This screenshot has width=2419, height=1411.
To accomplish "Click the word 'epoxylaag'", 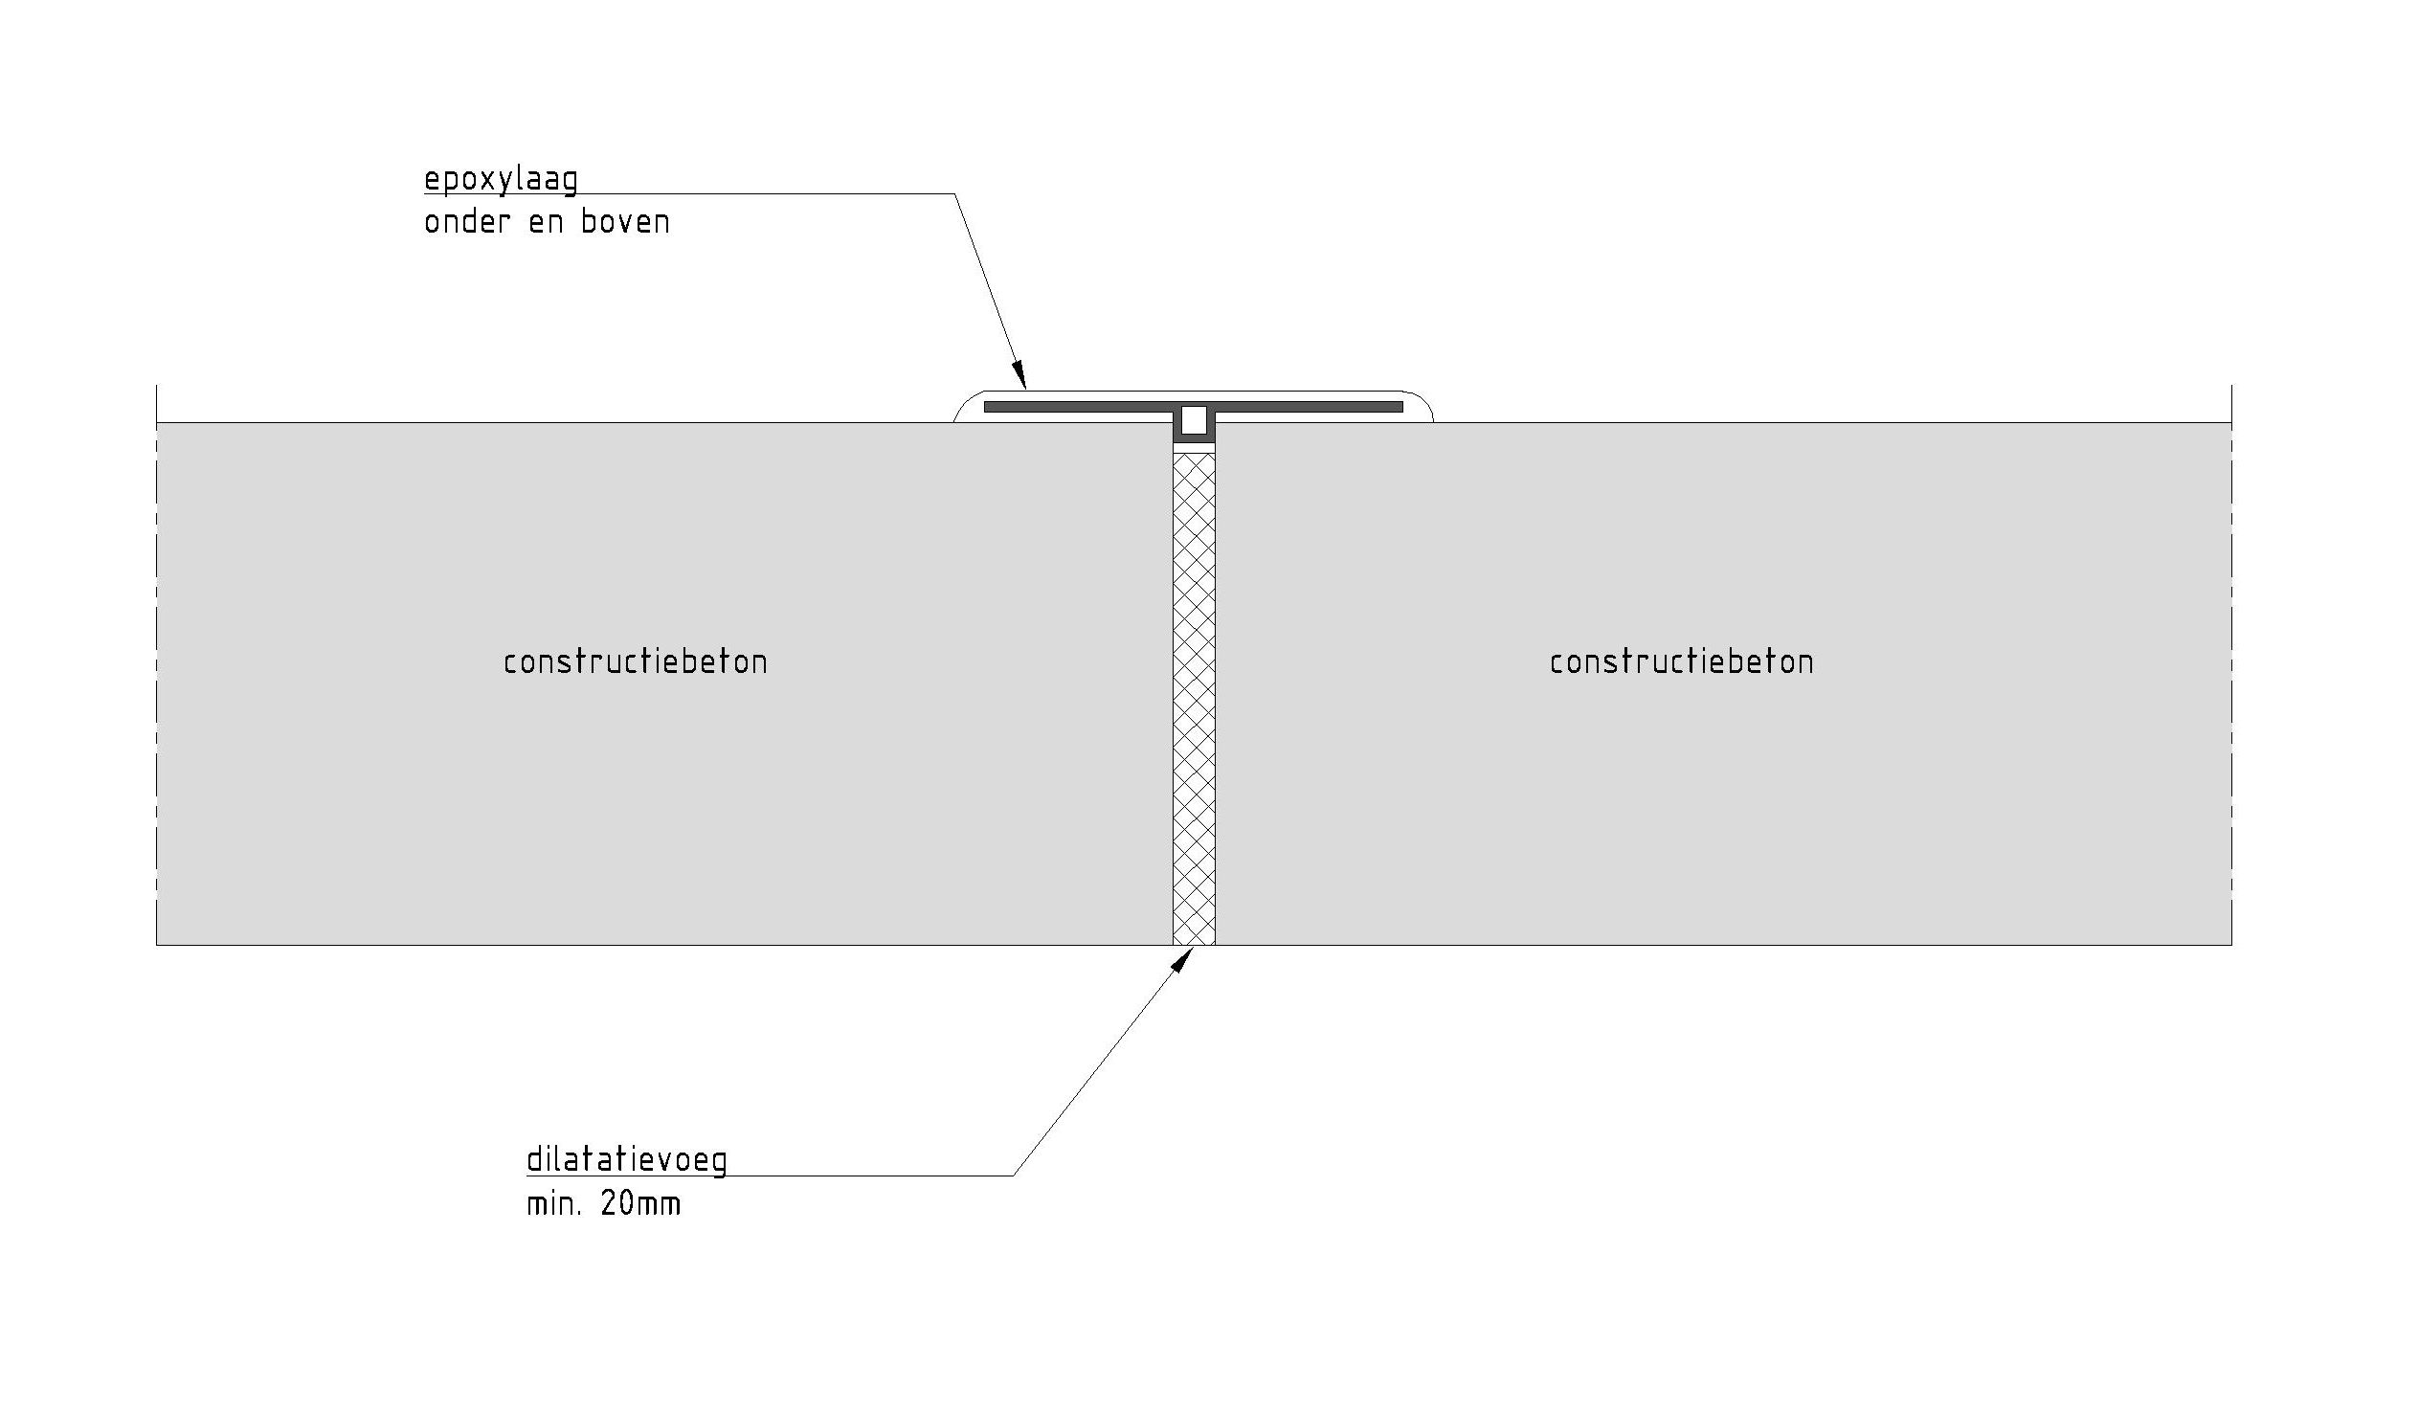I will tap(501, 180).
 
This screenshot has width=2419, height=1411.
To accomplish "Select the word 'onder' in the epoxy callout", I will tap(465, 223).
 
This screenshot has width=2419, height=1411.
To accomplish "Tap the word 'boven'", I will tap(625, 223).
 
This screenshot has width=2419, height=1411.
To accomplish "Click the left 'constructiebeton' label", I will tap(636, 662).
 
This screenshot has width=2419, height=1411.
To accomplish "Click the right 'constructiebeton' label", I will tap(1682, 662).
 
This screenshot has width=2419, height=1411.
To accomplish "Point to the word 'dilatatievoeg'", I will tap(627, 1159).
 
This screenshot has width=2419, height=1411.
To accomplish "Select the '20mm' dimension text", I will tap(640, 1203).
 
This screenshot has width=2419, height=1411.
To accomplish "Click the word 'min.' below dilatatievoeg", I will tap(553, 1203).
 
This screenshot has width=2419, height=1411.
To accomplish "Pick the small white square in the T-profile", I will tap(1194, 420).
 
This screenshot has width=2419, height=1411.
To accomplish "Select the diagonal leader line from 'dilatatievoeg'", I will tap(1099, 1065).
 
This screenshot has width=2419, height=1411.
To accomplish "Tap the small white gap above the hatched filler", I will tap(1194, 448).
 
